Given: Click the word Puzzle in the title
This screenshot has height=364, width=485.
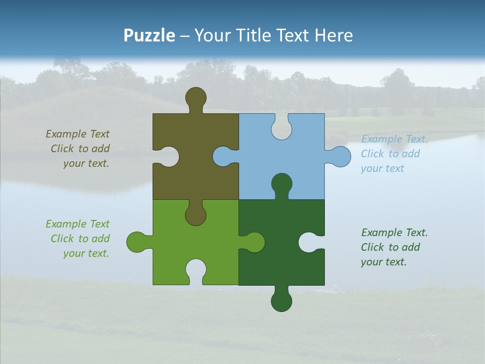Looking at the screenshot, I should [149, 35].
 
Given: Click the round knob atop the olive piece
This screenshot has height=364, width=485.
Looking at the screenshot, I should [196, 97].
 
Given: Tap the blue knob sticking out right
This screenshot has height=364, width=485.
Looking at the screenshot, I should [339, 156].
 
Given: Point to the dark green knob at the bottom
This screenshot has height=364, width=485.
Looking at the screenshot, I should [281, 301].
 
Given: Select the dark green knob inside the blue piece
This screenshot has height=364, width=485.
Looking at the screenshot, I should [281, 184].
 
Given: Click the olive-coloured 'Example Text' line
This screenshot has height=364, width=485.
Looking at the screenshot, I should [77, 134].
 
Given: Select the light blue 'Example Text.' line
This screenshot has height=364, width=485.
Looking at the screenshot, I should [394, 139].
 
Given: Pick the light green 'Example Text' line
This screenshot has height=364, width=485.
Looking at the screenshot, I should [77, 224].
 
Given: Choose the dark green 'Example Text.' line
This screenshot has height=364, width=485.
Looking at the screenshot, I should [394, 233].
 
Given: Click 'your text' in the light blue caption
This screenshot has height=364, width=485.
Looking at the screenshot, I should [382, 168].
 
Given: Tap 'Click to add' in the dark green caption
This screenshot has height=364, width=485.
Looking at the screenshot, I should [390, 247].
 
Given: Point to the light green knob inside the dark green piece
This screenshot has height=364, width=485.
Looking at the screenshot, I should [253, 242].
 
